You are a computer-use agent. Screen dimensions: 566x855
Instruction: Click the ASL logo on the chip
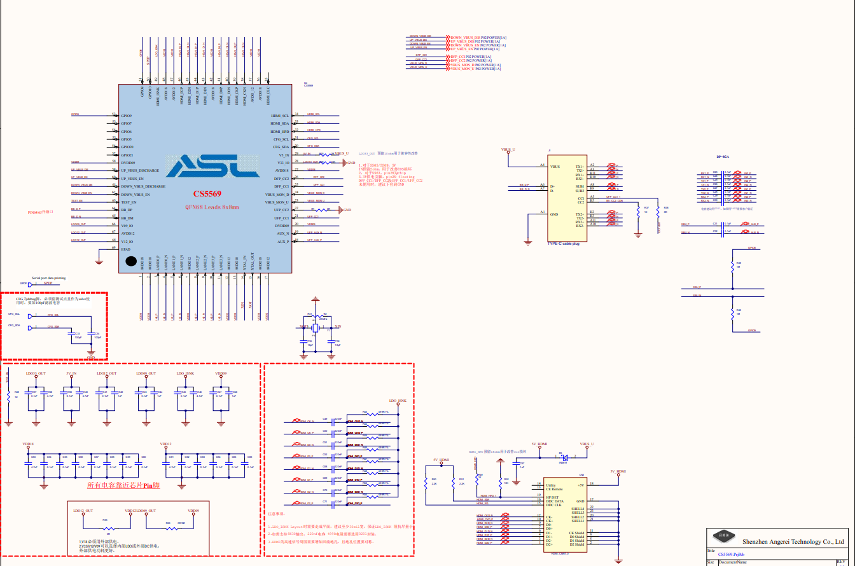click(x=207, y=166)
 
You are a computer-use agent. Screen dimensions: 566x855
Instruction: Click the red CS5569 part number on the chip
click(x=207, y=193)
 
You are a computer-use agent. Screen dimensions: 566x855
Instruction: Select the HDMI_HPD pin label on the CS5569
click(x=279, y=131)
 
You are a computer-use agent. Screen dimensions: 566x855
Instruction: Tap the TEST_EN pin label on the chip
click(x=130, y=202)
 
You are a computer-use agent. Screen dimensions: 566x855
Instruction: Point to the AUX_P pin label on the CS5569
click(x=282, y=241)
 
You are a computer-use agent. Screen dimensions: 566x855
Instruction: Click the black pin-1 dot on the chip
click(x=131, y=261)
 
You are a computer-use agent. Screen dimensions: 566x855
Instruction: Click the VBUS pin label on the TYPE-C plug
click(x=555, y=166)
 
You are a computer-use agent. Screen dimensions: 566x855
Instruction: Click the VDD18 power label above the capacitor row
click(x=28, y=444)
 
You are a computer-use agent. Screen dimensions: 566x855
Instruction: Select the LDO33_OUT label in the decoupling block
click(x=36, y=373)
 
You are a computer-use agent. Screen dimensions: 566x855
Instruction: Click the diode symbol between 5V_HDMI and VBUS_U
click(x=563, y=457)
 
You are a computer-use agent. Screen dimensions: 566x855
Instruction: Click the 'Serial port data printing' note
click(x=48, y=278)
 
